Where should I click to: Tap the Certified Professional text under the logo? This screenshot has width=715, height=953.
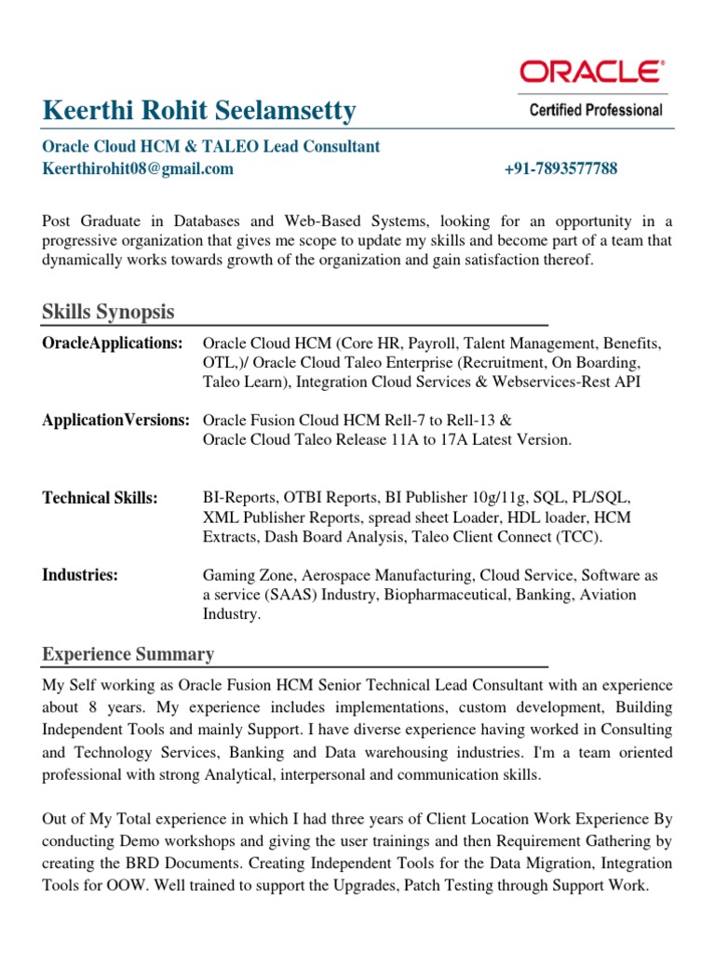[x=596, y=110]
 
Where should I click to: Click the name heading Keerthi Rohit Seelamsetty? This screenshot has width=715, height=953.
[x=199, y=111]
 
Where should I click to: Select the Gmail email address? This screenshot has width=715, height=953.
[x=138, y=168]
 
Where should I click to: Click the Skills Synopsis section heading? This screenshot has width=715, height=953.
[x=108, y=312]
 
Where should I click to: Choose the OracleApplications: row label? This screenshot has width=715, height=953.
[x=113, y=343]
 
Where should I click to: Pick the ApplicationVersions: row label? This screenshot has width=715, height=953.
[x=116, y=420]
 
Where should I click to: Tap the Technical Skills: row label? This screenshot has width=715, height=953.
[x=101, y=498]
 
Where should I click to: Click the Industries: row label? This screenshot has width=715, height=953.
[x=80, y=575]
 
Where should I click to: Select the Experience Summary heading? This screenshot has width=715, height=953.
[x=128, y=654]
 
